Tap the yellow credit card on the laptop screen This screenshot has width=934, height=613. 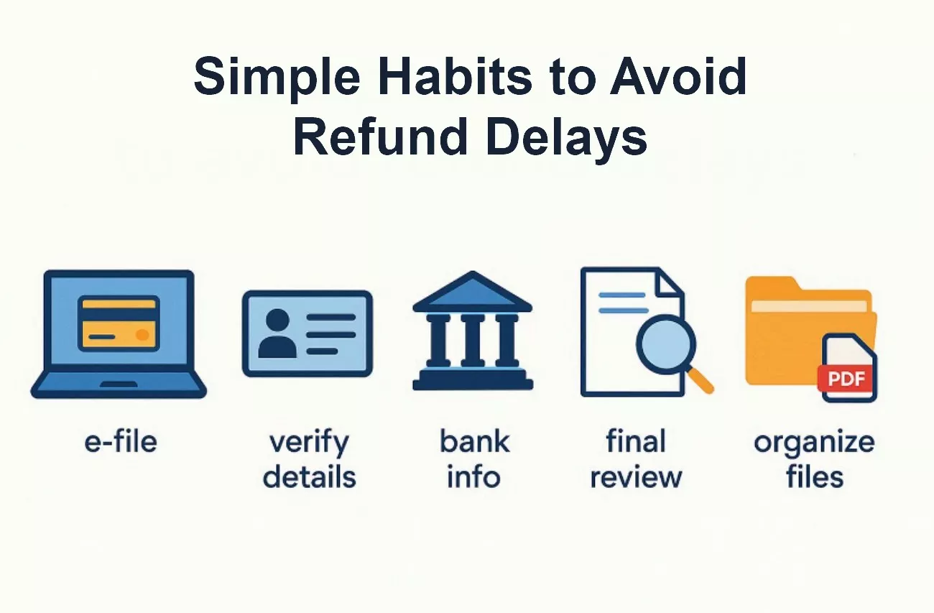pyautogui.click(x=119, y=323)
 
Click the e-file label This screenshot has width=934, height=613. pyautogui.click(x=120, y=441)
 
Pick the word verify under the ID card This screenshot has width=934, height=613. pyautogui.click(x=309, y=442)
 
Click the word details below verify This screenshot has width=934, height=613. pyautogui.click(x=309, y=476)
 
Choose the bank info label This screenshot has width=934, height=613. pyautogui.click(x=473, y=458)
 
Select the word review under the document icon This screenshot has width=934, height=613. pyautogui.click(x=636, y=476)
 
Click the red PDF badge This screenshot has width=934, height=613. pyautogui.click(x=846, y=377)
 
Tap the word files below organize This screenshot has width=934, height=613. pyautogui.click(x=814, y=476)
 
